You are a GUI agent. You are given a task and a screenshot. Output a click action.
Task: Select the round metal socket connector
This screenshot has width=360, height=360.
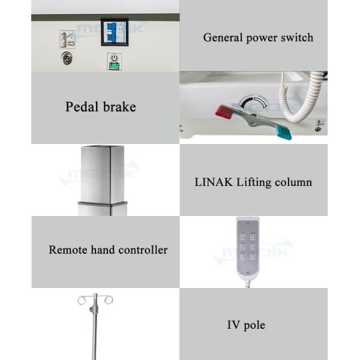(x=67, y=58)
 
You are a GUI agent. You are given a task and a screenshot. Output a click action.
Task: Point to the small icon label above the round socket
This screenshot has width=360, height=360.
(x=67, y=39)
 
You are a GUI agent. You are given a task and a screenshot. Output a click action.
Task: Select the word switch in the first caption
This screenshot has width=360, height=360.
(x=297, y=37)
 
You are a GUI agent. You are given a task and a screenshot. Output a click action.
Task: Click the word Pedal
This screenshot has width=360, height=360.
(x=82, y=107)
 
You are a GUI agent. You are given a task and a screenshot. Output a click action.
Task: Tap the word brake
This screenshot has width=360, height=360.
(x=120, y=107)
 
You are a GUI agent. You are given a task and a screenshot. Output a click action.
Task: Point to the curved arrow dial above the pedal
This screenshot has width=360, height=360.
(x=252, y=101)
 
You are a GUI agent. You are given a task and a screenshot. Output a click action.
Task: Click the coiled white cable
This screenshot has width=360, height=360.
(x=295, y=99)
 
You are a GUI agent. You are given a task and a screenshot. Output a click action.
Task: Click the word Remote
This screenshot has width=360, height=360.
(x=67, y=250)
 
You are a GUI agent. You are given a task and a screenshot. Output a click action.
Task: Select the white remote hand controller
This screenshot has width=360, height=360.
(x=247, y=247)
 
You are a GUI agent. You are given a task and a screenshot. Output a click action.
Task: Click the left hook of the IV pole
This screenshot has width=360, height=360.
(x=82, y=299)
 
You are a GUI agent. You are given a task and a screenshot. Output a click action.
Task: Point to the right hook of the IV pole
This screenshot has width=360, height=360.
(x=107, y=299)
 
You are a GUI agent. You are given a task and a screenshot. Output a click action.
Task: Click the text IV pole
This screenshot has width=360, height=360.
(x=246, y=325)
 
